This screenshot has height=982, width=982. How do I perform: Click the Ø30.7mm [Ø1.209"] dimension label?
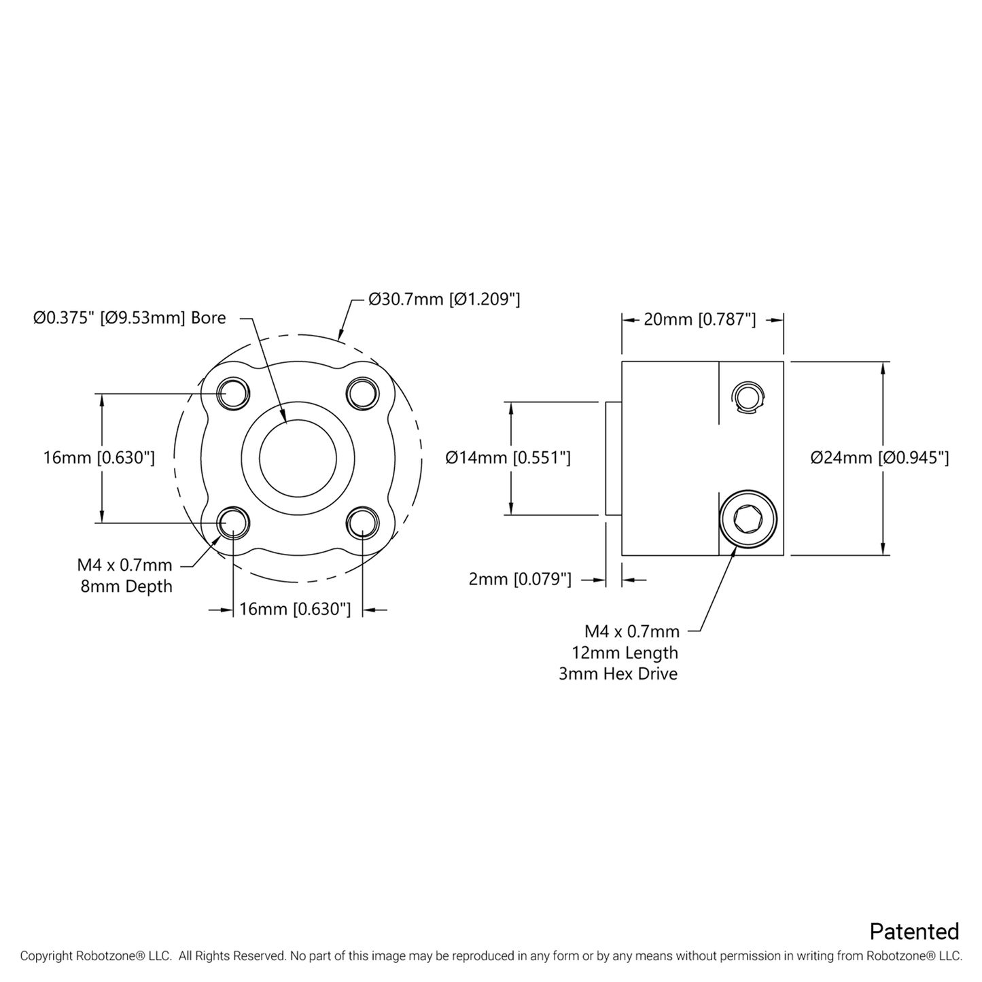[x=444, y=299]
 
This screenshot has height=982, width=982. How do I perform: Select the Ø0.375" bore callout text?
[x=129, y=318]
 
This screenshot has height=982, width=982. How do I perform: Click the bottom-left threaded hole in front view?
[x=233, y=523]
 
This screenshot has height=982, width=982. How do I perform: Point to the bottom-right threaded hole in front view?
[x=362, y=523]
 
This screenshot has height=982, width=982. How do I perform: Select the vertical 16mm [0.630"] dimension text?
[x=99, y=457]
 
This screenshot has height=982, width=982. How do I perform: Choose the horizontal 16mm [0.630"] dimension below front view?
[x=295, y=609]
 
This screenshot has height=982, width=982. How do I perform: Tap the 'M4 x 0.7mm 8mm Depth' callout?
[x=125, y=576]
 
